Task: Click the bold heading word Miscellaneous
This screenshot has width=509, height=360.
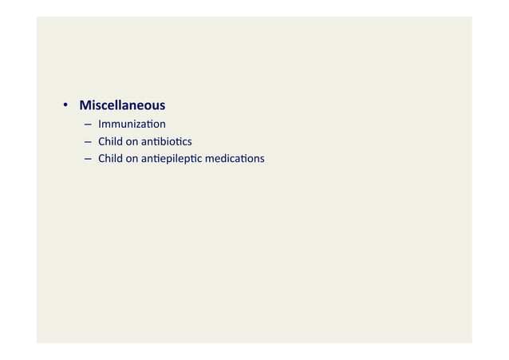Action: (x=122, y=105)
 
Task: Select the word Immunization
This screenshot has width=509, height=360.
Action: (x=132, y=125)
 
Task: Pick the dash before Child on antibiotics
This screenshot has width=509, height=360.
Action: (x=86, y=142)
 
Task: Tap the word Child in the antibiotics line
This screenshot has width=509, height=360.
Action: (x=110, y=141)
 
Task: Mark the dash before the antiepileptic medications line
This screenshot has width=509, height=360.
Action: (x=86, y=159)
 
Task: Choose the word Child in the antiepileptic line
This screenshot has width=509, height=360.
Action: (x=110, y=158)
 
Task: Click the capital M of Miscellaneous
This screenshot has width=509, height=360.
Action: (x=85, y=105)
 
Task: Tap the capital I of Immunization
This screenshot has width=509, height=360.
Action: (x=100, y=125)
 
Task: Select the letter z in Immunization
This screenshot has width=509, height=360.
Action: (x=140, y=125)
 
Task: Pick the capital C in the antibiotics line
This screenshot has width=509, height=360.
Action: (x=101, y=141)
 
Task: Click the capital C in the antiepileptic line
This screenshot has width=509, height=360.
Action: (x=101, y=158)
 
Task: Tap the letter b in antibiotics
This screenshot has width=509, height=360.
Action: (x=164, y=141)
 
